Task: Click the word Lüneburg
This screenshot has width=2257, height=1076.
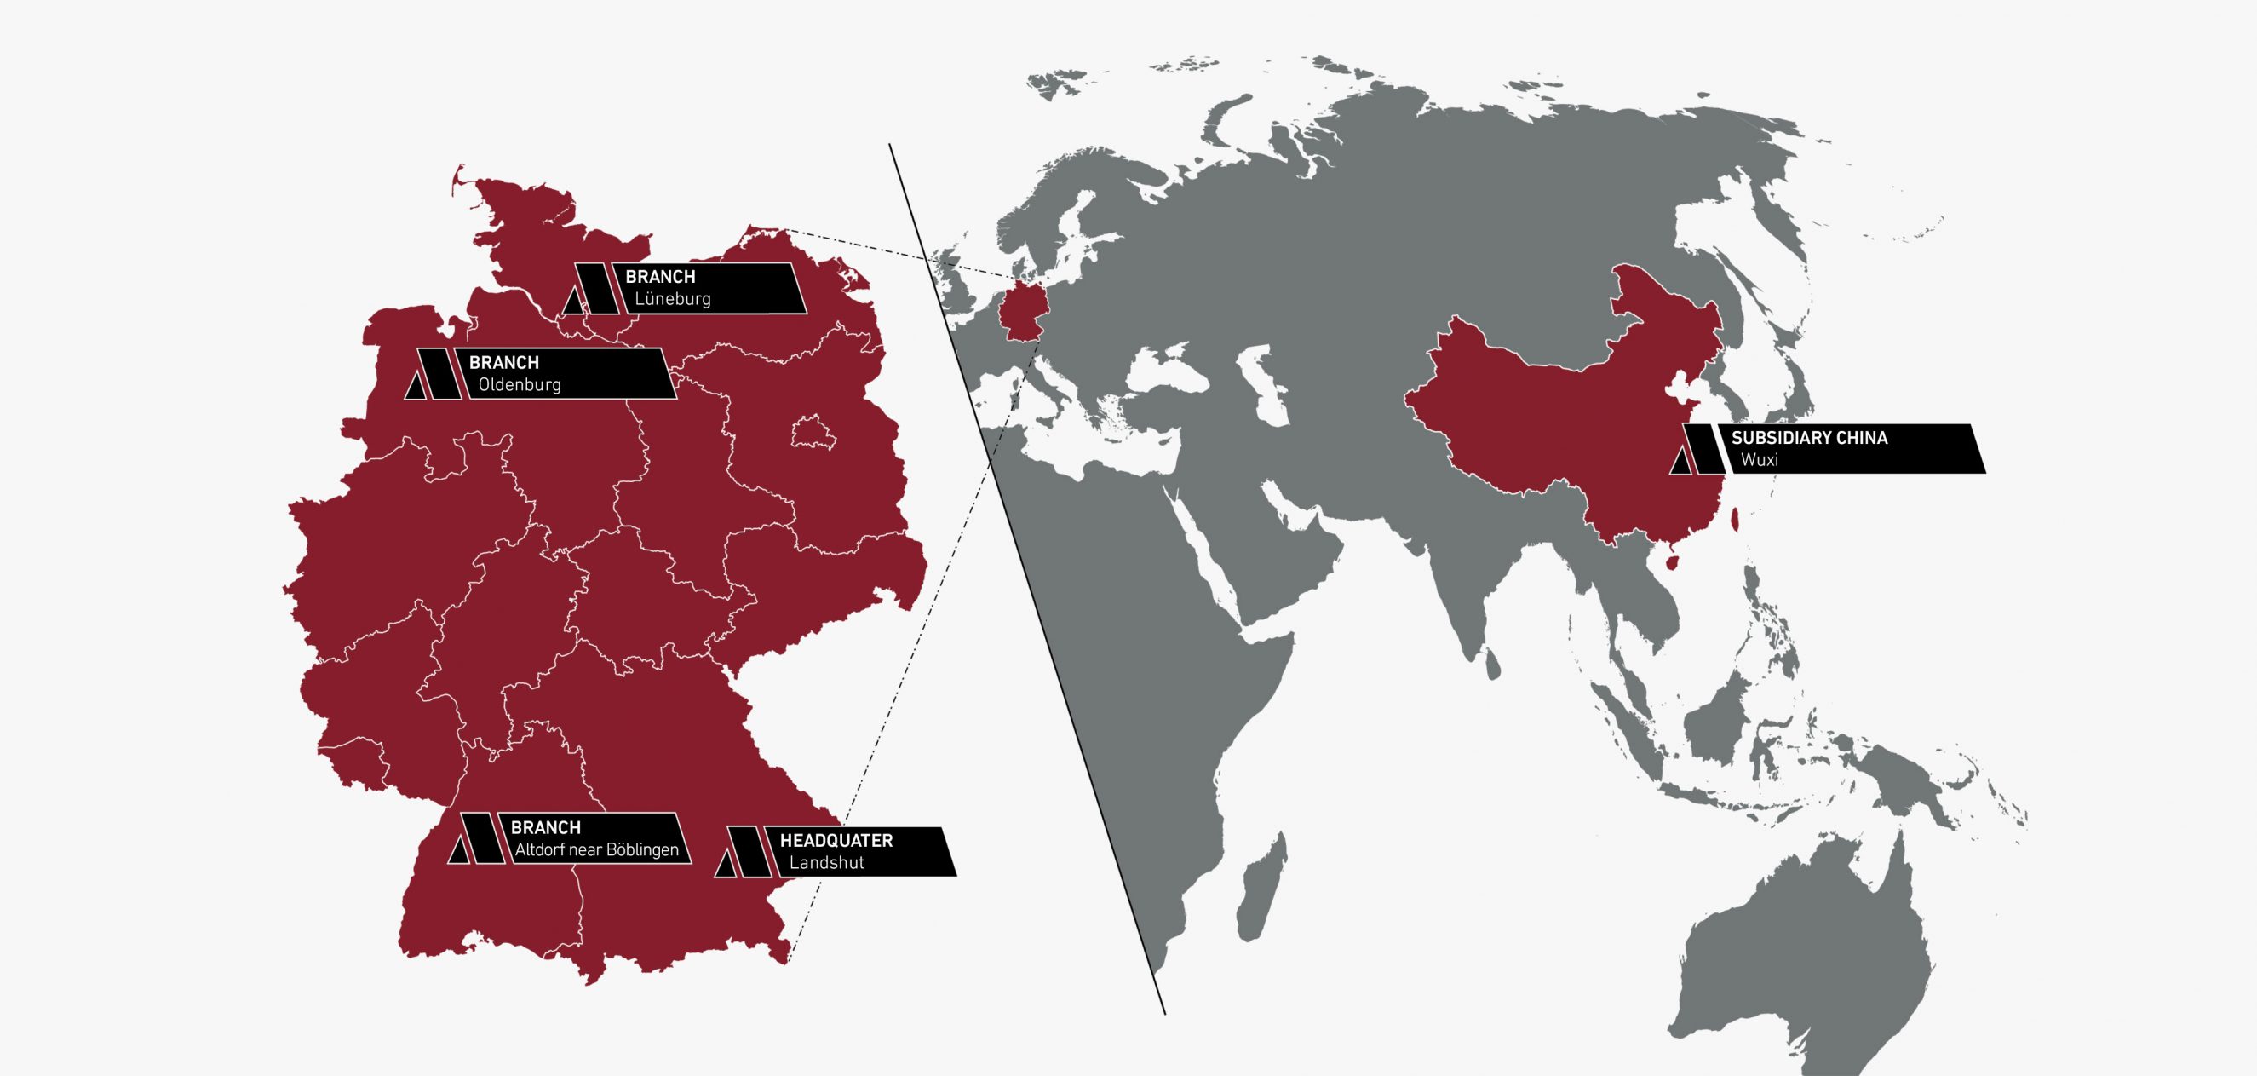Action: [x=672, y=299]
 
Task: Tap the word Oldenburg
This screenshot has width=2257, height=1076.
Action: [x=519, y=385]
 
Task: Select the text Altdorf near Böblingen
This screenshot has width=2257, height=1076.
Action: [x=597, y=850]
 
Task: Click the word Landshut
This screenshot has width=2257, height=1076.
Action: [x=826, y=863]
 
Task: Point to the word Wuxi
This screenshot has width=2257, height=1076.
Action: [x=1760, y=460]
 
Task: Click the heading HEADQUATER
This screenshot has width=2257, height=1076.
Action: [x=836, y=841]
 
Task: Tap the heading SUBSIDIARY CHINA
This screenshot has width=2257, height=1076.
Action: [x=1809, y=438]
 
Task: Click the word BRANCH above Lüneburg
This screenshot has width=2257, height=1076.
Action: [x=660, y=277]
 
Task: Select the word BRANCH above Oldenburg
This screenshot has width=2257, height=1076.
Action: [x=504, y=363]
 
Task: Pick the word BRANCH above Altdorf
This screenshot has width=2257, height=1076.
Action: [x=545, y=828]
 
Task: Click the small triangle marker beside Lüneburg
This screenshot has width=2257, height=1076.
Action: [x=572, y=302]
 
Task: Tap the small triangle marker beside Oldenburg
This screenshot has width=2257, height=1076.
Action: [x=416, y=388]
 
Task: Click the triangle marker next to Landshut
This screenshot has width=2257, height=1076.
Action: [x=725, y=865]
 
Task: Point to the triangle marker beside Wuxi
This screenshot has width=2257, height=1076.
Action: [x=1680, y=462]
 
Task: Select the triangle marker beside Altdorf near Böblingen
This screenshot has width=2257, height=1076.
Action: [x=458, y=851]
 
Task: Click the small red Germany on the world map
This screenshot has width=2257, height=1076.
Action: [x=1019, y=313]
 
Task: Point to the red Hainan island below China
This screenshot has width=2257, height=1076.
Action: [x=1671, y=561]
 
